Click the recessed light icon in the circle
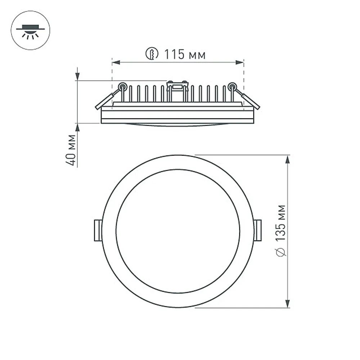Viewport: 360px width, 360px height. [x=31, y=31]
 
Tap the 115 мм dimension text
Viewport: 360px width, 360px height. [x=185, y=55]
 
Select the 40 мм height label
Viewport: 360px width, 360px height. [x=72, y=150]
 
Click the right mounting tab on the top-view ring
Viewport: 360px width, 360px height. [x=257, y=230]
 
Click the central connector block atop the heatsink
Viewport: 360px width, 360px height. [x=177, y=86]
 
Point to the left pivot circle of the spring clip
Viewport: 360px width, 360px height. [x=123, y=86]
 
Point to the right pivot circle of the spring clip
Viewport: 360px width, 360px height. [x=232, y=86]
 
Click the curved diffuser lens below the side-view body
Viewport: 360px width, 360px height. [x=177, y=125]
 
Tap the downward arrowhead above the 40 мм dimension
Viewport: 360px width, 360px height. [x=77, y=77]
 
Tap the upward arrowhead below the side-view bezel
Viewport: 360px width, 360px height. [x=77, y=127]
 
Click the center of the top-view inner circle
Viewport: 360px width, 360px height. [x=177, y=231]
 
